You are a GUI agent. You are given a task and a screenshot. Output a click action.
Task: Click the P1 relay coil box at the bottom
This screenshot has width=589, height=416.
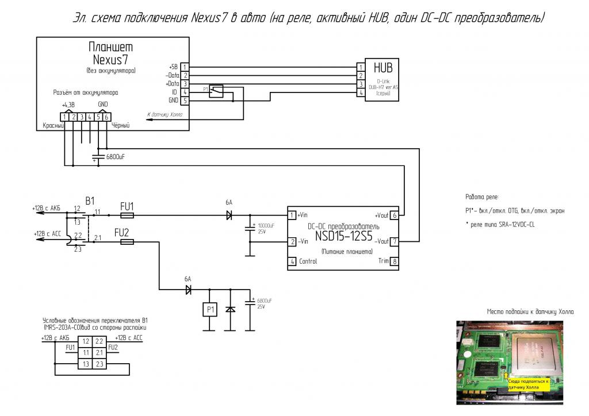[x=209, y=310]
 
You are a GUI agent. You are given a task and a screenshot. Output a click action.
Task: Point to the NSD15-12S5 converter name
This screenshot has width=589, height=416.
[x=343, y=237]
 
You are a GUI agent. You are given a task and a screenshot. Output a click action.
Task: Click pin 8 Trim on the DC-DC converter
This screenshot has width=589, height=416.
[x=394, y=261]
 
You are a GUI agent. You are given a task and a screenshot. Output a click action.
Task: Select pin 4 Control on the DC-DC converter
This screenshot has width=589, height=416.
[x=292, y=261]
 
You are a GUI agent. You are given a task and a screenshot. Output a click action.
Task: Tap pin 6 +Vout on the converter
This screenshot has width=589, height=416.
[x=394, y=216]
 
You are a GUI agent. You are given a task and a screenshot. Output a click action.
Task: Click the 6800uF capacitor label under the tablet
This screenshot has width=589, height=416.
[x=115, y=157]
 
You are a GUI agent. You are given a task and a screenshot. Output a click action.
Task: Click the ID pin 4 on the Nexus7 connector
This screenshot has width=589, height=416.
[x=184, y=92]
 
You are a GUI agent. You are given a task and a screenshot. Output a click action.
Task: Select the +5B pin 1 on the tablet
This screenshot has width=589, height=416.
[x=184, y=67]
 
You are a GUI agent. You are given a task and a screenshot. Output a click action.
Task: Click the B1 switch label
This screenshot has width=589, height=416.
[x=90, y=201]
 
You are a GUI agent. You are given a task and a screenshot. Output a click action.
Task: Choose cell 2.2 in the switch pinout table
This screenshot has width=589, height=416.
[x=99, y=341]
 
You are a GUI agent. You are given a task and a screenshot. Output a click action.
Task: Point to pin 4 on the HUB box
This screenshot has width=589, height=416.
[x=361, y=92]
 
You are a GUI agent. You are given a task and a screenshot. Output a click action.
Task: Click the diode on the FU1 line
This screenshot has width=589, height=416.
[x=229, y=216]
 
